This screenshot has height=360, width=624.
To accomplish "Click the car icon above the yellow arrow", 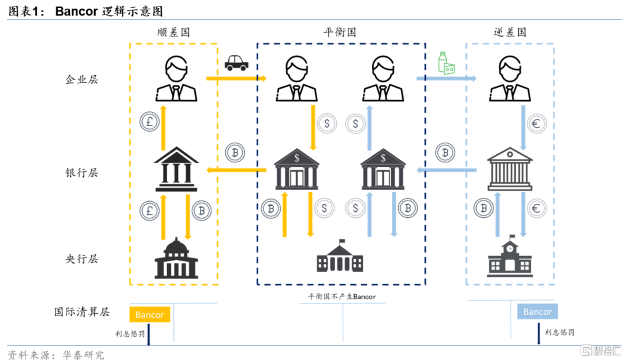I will (236, 62).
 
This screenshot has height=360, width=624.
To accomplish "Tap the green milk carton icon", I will (446, 63).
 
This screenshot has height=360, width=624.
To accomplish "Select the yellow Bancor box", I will (150, 315).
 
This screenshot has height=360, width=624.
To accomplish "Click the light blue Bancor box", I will (537, 311).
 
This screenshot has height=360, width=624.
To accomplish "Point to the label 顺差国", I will (173, 32).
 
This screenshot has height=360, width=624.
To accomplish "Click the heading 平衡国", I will (340, 32).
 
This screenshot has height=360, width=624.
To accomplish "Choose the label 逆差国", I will (510, 32).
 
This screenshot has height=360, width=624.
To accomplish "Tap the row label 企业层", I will (82, 79).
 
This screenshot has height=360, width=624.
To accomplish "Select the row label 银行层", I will (82, 172).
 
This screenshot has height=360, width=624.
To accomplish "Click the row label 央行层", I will (82, 258).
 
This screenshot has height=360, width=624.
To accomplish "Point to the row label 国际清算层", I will (82, 312).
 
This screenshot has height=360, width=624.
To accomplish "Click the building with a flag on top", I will (340, 257).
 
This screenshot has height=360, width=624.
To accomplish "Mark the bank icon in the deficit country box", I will (510, 169).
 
